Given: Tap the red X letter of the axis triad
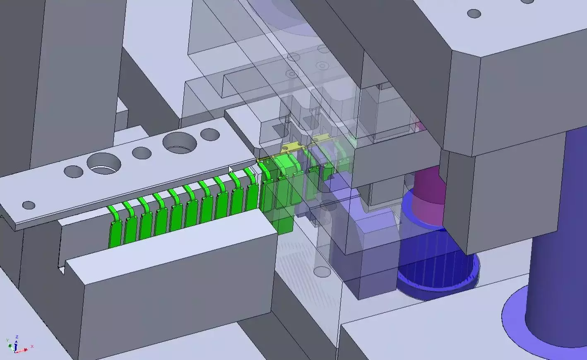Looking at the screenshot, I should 32,346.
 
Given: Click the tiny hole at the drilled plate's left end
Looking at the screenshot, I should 29,205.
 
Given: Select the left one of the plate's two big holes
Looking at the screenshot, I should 103,163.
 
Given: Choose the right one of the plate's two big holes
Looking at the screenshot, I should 180,143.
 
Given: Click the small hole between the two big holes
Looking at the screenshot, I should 142,153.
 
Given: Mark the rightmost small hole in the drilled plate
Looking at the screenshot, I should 210,134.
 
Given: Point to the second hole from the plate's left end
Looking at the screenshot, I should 74,171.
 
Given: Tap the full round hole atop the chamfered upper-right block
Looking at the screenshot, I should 474,14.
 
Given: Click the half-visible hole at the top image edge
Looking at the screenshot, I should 527,2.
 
